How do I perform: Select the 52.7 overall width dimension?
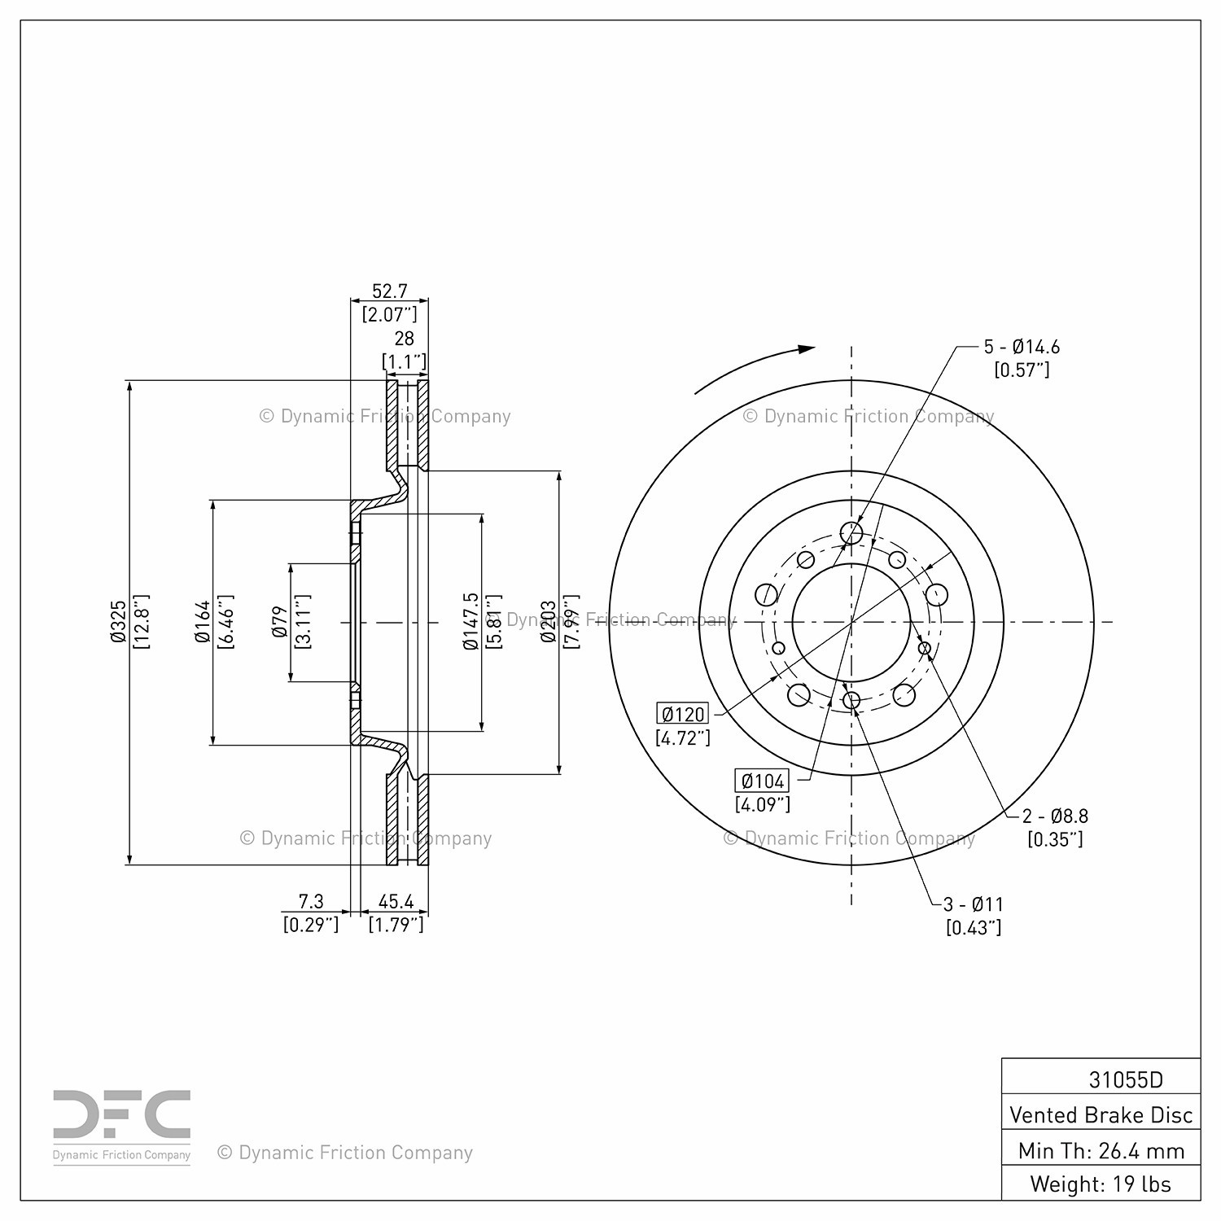(389, 291)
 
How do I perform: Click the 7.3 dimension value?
(311, 901)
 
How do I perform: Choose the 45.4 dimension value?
(396, 901)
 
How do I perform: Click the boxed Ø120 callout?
(683, 715)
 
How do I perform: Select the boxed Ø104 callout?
(763, 781)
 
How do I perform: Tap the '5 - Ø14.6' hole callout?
(1022, 347)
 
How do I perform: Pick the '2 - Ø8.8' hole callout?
(1055, 816)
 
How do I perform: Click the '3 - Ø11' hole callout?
(974, 904)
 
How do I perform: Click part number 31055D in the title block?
(1126, 1079)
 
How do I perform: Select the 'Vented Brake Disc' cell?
(1101, 1114)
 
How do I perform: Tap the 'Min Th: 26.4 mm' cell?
(1101, 1150)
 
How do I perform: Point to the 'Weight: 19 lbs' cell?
(1101, 1184)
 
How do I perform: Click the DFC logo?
(122, 1127)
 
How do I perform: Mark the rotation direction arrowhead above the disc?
(806, 349)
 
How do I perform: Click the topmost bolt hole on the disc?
(851, 533)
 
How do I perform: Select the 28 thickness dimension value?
(404, 338)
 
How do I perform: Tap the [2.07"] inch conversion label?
(389, 314)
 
